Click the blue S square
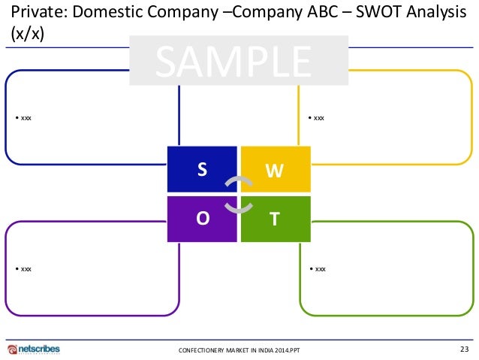click(201, 170)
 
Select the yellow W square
click(275, 170)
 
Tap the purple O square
click(201, 219)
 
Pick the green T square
click(275, 219)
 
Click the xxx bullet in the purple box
click(26, 268)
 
